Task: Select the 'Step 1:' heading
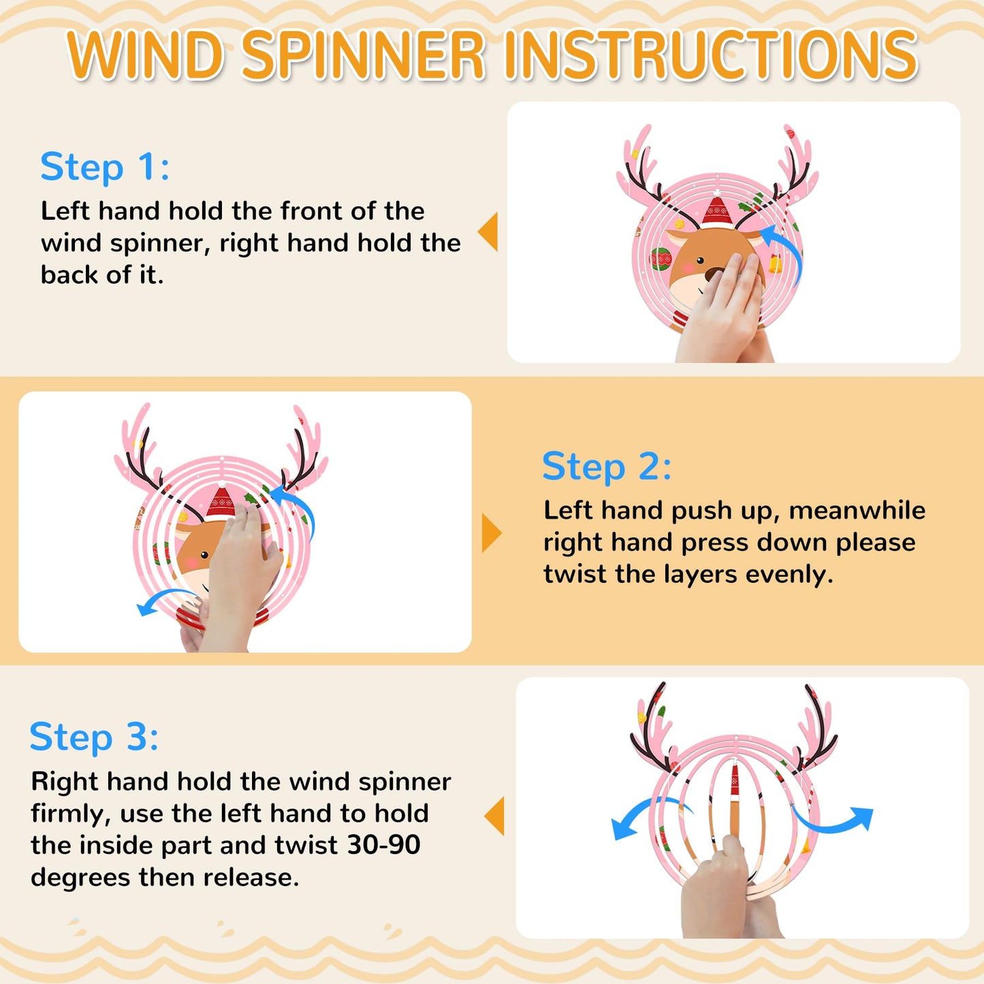click(x=105, y=166)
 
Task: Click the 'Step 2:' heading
click(x=607, y=466)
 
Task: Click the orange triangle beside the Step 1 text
click(x=488, y=232)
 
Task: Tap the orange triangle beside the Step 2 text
click(x=492, y=533)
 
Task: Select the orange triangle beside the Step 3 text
click(x=494, y=816)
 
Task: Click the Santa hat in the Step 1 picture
click(x=717, y=210)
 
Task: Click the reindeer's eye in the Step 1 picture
click(x=700, y=260)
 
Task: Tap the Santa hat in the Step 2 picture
click(x=221, y=501)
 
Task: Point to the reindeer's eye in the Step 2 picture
click(x=204, y=555)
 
